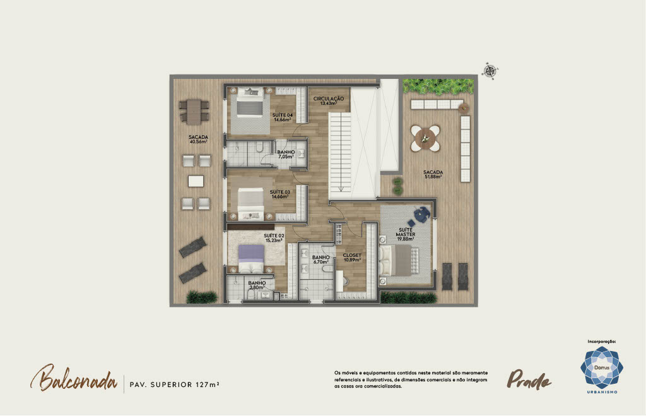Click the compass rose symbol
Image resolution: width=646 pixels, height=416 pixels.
click(490, 71)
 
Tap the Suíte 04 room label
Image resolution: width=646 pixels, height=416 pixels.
click(283, 117)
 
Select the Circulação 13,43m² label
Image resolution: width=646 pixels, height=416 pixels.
click(328, 101)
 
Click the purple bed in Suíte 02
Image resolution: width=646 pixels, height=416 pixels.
click(252, 258)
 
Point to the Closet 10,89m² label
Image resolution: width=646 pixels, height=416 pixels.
click(352, 258)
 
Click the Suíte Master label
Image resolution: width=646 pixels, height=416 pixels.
click(406, 234)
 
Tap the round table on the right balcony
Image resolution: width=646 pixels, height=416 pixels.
click(425, 138)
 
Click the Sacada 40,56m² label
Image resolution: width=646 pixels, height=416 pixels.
click(198, 140)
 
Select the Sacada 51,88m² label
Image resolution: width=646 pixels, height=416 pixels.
click(433, 174)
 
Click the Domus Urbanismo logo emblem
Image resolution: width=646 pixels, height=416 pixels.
click(601, 367)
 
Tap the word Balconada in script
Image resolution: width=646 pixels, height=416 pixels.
click(74, 378)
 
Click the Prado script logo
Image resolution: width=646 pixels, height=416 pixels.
click(529, 379)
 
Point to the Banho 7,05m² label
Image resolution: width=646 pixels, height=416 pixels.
click(286, 155)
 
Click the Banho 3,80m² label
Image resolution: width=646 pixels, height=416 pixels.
click(257, 285)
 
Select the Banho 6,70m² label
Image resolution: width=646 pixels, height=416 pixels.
click(320, 259)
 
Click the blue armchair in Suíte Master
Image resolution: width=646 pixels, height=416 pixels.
click(422, 214)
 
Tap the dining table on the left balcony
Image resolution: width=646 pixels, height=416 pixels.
click(194, 111)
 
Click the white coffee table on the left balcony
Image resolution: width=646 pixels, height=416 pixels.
click(196, 181)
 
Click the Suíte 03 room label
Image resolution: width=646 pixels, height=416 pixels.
click(280, 194)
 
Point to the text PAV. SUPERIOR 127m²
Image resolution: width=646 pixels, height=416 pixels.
click(174, 384)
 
